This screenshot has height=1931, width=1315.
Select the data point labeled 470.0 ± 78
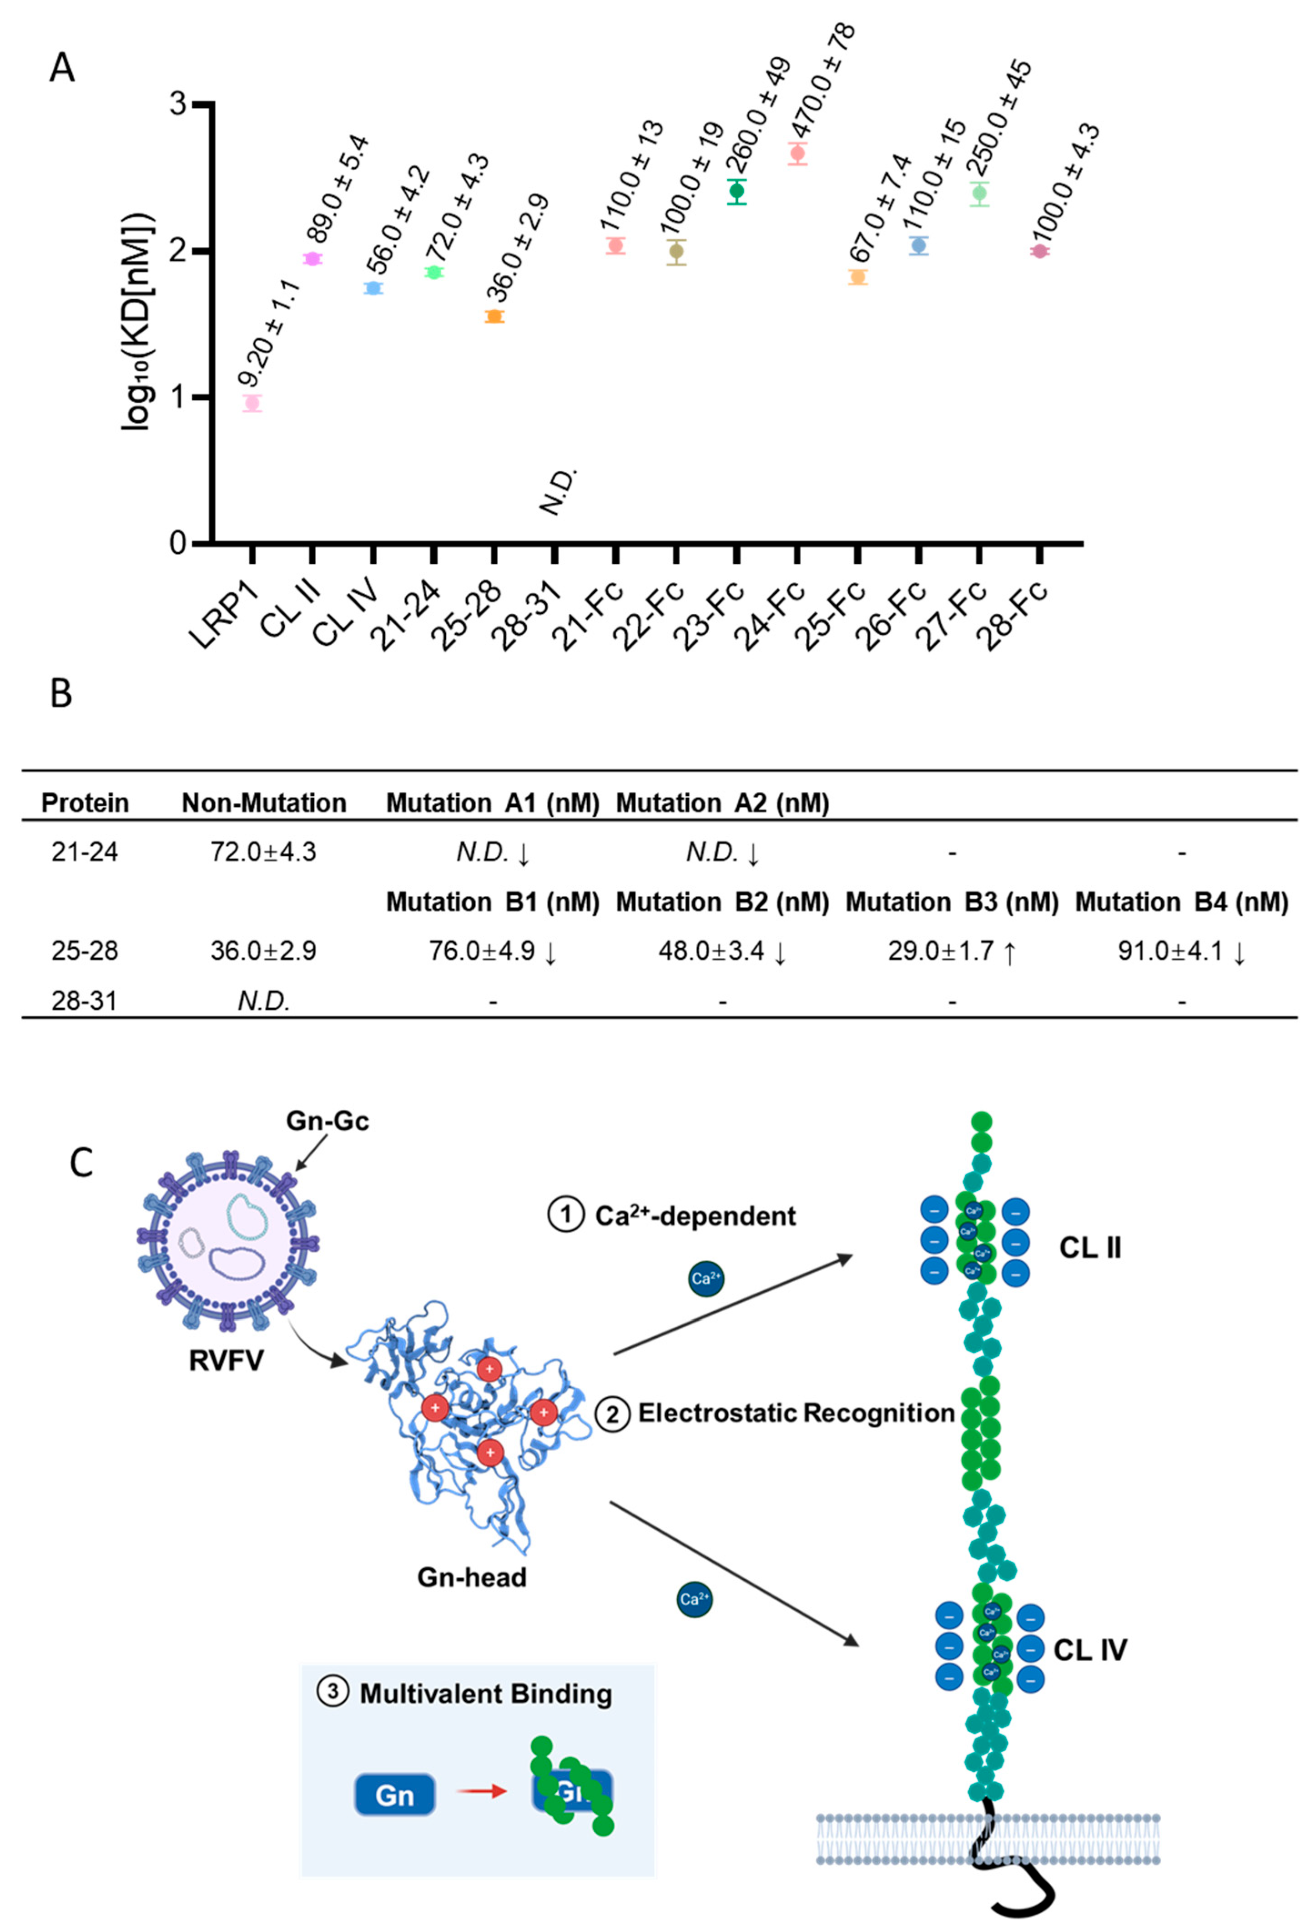click(797, 153)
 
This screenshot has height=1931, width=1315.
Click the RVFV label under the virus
click(226, 1360)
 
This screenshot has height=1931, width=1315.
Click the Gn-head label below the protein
click(471, 1577)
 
